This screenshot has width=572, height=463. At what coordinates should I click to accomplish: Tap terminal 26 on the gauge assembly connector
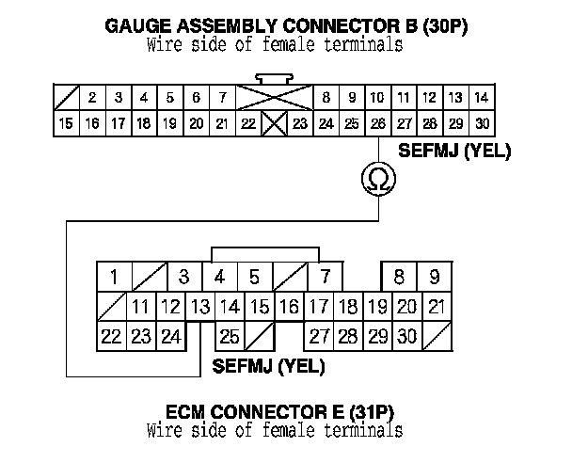point(377,122)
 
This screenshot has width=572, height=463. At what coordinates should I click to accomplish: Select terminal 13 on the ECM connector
point(200,306)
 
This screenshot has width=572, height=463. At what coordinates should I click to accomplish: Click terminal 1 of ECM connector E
point(114,277)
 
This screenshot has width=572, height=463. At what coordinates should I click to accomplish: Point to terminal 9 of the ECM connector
point(434,277)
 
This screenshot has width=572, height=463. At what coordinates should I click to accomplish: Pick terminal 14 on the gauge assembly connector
point(481,97)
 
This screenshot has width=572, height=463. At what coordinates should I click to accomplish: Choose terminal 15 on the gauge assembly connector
point(66,122)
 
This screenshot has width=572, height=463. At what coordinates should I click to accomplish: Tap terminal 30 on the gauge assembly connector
point(481,122)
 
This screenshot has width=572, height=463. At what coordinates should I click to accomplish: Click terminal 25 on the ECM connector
point(229,336)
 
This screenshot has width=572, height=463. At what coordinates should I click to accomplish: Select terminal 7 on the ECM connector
point(325,277)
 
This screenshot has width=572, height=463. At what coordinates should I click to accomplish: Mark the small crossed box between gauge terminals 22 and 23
point(273,122)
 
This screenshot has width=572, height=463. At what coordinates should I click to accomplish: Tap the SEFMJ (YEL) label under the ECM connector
point(269,365)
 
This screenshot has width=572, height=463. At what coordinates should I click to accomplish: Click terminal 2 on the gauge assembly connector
point(92,97)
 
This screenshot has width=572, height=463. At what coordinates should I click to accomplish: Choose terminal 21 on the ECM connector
point(436,306)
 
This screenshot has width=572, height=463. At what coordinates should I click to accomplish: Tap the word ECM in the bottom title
point(187,412)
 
